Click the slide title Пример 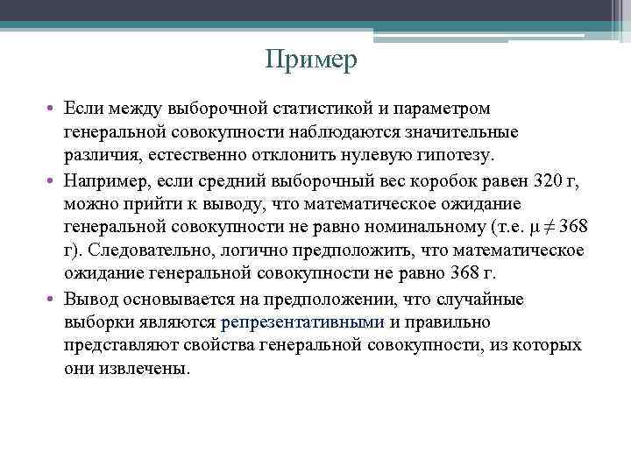(x=313, y=60)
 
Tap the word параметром (x=445, y=108)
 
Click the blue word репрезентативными (x=303, y=322)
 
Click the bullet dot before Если (x=53, y=109)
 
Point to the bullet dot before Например (x=53, y=180)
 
